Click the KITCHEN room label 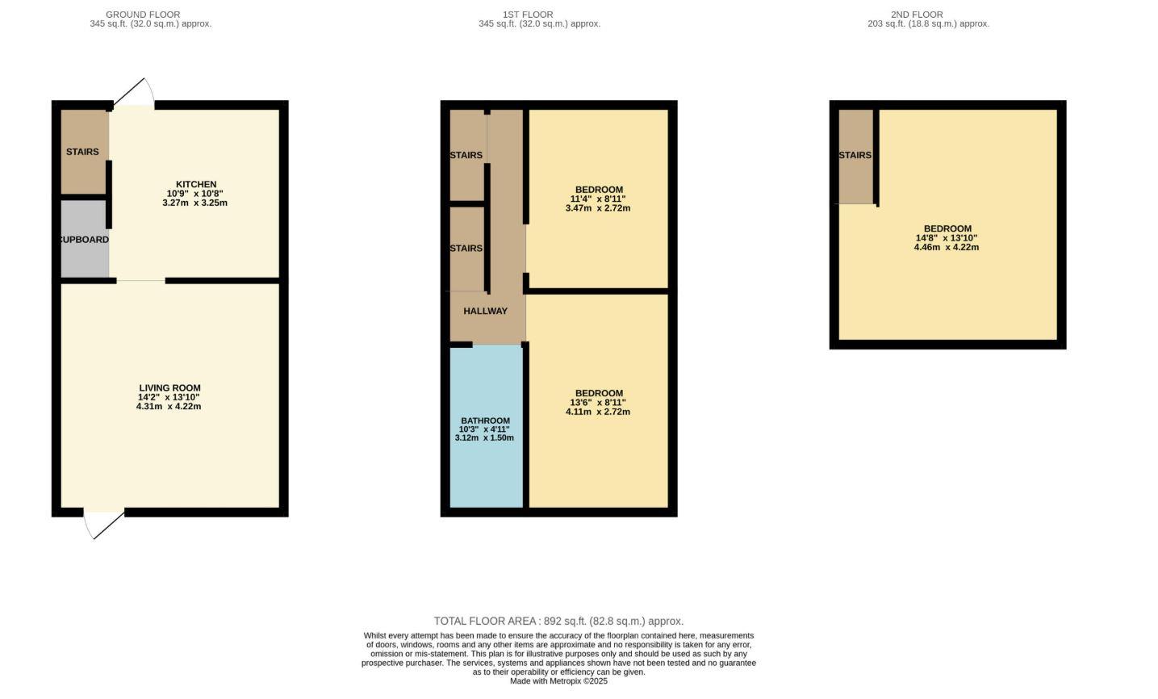pos(196,184)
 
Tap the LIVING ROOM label pos(169,387)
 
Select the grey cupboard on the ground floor pos(85,240)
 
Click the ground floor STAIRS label pos(82,152)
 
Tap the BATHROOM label pos(485,421)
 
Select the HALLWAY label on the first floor pos(485,311)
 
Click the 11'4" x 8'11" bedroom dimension pos(598,199)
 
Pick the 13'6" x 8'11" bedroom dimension pos(598,403)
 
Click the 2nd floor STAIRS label pos(855,155)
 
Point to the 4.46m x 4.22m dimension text pos(946,247)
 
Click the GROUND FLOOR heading pos(143,15)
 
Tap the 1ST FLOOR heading pos(528,15)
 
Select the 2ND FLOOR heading pos(917,15)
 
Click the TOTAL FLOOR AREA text pos(558,621)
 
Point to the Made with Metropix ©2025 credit pos(558,681)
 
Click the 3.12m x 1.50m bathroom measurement pos(484,437)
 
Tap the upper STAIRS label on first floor pos(466,155)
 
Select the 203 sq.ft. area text pos(928,23)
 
